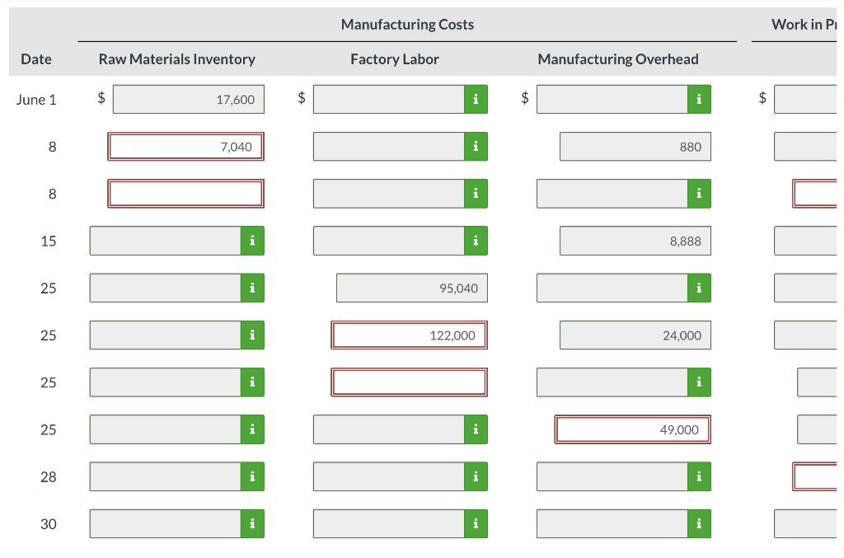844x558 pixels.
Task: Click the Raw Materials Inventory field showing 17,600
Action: (x=189, y=100)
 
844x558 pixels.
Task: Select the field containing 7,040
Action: (x=185, y=147)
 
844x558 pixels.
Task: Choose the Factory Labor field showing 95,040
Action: (x=411, y=288)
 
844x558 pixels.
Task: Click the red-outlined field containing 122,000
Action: (x=409, y=335)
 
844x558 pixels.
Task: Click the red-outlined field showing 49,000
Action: (x=632, y=429)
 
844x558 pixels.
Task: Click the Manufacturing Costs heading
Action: (x=407, y=24)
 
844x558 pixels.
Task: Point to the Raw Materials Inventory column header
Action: (x=176, y=59)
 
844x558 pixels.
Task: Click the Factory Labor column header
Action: (x=394, y=59)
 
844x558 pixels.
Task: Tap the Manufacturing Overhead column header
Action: (x=617, y=59)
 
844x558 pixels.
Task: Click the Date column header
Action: (x=36, y=59)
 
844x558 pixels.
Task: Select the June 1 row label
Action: (x=36, y=100)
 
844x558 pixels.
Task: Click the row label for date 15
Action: (x=49, y=241)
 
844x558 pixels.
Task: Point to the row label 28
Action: (x=49, y=476)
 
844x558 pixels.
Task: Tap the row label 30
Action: (x=49, y=523)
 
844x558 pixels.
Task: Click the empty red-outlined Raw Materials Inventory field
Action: (x=185, y=194)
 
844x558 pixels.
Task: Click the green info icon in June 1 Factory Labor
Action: (x=476, y=100)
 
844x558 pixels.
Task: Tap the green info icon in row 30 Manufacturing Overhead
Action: (x=699, y=523)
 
